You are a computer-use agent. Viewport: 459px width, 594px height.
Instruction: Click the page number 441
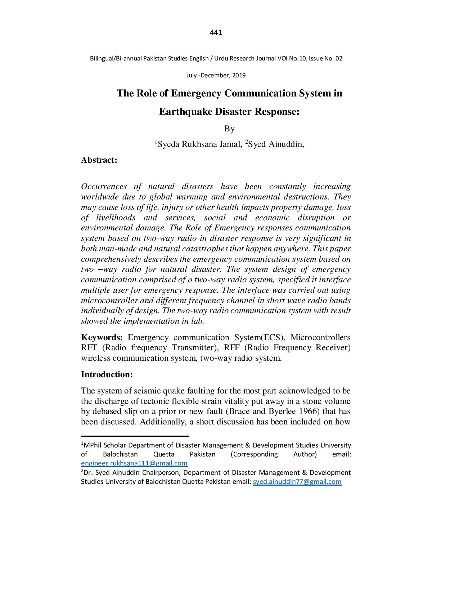tap(216, 33)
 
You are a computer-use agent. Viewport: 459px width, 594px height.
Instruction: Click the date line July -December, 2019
tap(216, 76)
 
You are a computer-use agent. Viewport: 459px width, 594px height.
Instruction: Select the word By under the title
tap(229, 129)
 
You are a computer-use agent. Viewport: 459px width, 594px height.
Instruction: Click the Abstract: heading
tap(99, 160)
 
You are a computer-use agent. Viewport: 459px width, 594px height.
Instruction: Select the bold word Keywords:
tap(102, 338)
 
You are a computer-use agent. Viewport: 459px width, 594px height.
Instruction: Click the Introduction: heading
tap(107, 375)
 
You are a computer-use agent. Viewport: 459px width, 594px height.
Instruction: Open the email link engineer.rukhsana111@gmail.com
tap(134, 464)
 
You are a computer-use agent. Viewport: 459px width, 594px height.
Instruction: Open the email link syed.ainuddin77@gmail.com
tap(297, 482)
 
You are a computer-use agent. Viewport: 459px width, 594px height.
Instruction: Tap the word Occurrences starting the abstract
tap(104, 186)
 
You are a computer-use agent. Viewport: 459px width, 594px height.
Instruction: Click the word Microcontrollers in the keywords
tap(320, 338)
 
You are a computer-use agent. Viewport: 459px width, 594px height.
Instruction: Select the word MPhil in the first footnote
tap(91, 445)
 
